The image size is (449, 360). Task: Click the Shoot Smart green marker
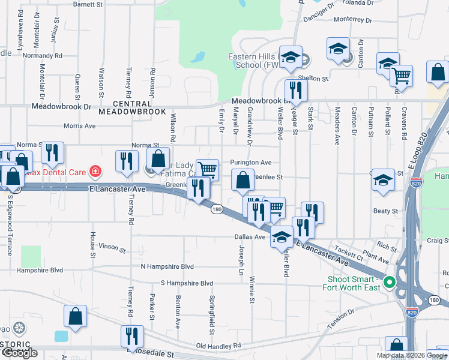pos(389,281)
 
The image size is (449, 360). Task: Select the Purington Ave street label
pos(252,162)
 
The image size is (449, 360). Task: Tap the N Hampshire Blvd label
pos(167,266)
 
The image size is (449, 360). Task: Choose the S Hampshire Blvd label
pos(187,283)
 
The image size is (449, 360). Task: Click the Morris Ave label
pos(80,127)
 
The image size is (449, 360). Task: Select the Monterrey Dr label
pos(354,19)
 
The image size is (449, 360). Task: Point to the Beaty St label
pos(386,211)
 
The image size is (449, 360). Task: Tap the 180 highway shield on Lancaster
pos(217,209)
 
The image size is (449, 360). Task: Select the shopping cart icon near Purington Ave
pos(207,169)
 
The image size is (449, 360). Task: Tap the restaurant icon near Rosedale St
pos(131,336)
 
